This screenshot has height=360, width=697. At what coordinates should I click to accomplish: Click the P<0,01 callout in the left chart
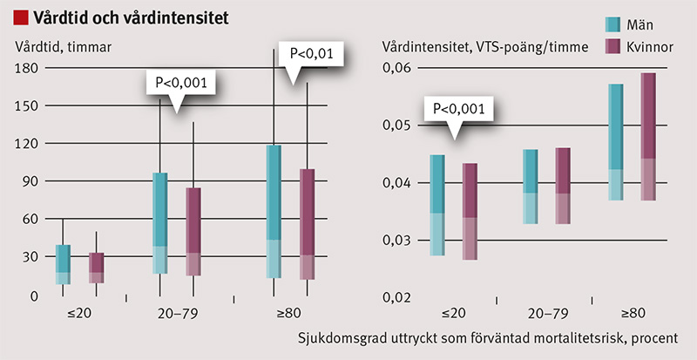coord(309,54)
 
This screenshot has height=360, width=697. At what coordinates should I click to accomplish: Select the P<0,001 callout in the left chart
coord(179,84)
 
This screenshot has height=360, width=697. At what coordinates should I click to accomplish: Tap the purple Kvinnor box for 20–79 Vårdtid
coord(193,232)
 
